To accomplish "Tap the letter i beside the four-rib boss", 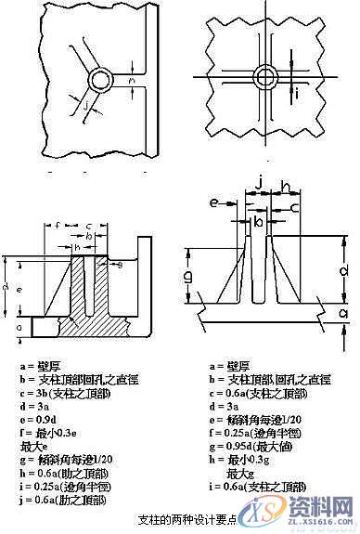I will [x=296, y=92].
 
